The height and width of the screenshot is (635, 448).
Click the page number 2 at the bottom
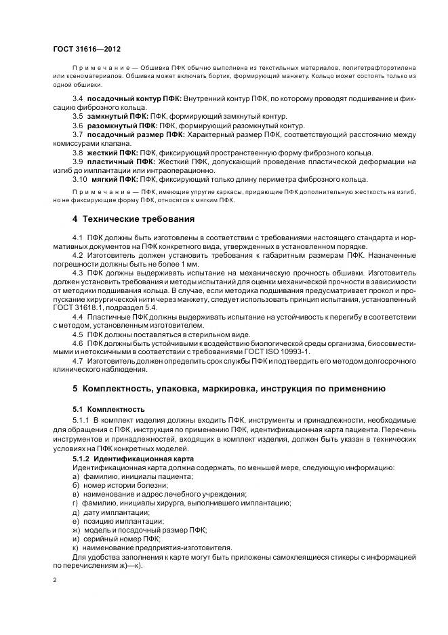click(x=55, y=581)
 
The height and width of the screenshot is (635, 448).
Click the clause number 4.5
click(x=78, y=334)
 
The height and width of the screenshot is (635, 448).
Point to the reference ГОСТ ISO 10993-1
click(x=276, y=352)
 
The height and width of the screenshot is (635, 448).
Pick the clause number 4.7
click(x=78, y=361)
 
